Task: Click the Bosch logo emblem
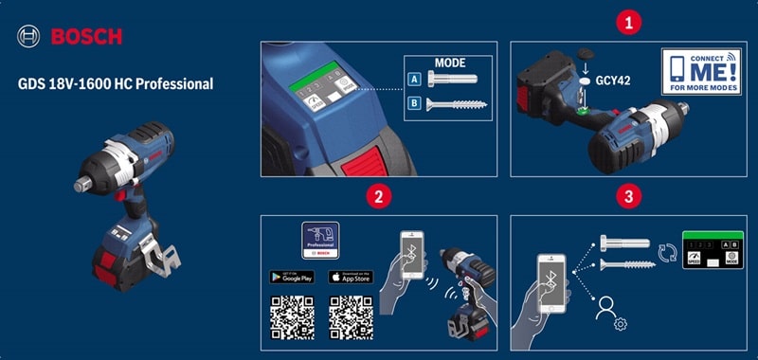pos(27,37)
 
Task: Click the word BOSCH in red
pos(84,37)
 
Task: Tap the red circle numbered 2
pos(378,197)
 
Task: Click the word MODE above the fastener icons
pos(449,63)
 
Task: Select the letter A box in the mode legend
pos(414,81)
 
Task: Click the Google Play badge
pos(291,277)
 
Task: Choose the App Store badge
pos(350,277)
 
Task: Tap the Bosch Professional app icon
pos(320,241)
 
